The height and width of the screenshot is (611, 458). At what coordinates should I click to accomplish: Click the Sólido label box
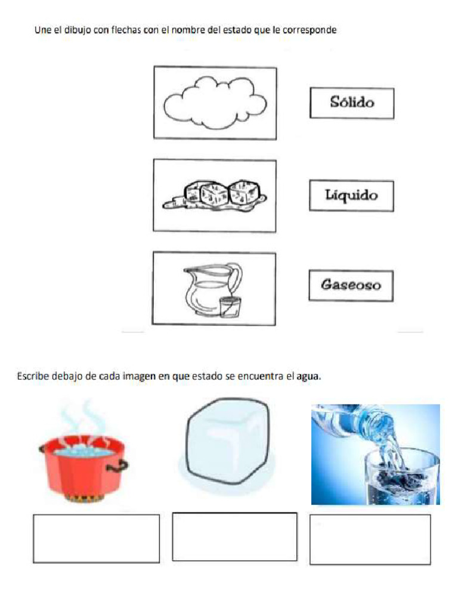coord(351,103)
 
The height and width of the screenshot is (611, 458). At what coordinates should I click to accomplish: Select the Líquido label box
coord(351,196)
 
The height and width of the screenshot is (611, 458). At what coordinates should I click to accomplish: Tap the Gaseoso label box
coord(351,285)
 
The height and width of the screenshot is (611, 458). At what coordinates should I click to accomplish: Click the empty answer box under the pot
coord(96,538)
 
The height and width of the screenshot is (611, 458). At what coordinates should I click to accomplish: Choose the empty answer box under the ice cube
coord(234,536)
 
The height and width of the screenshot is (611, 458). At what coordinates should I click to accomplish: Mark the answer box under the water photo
coord(370,539)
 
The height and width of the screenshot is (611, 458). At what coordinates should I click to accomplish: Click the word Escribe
coord(32,377)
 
